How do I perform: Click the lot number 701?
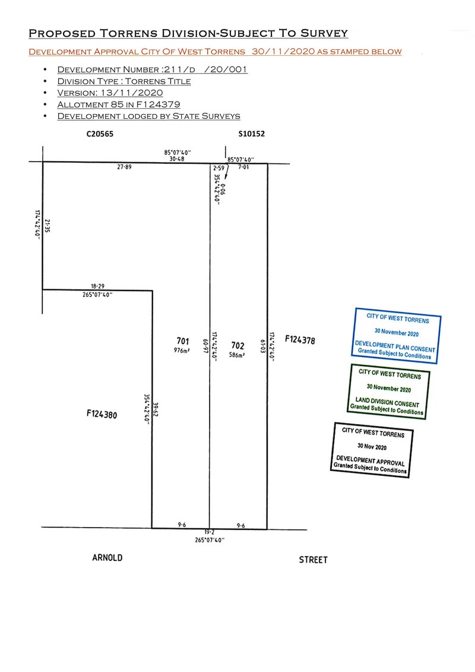182,340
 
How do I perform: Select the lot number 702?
237,345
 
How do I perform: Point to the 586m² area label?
237,354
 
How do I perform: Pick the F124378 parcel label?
300,340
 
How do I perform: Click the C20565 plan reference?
99,134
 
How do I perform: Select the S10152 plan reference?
251,134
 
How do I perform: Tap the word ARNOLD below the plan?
107,557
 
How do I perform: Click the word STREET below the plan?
313,560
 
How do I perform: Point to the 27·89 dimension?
124,168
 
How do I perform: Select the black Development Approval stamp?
372,449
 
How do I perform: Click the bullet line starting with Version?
110,93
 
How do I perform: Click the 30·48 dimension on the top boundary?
176,158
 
